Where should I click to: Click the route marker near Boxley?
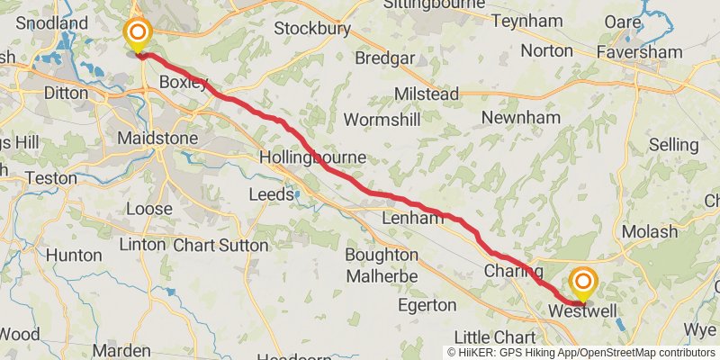(x=138, y=36)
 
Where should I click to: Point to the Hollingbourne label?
(x=312, y=157)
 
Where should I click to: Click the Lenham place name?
(x=413, y=218)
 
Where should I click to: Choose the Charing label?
(x=513, y=271)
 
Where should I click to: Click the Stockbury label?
(x=311, y=28)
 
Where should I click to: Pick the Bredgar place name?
(x=386, y=59)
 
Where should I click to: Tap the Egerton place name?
(x=427, y=305)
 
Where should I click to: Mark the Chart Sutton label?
(x=220, y=245)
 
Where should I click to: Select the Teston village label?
(x=51, y=178)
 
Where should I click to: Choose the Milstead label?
(x=427, y=94)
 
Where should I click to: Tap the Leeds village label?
(x=271, y=194)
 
